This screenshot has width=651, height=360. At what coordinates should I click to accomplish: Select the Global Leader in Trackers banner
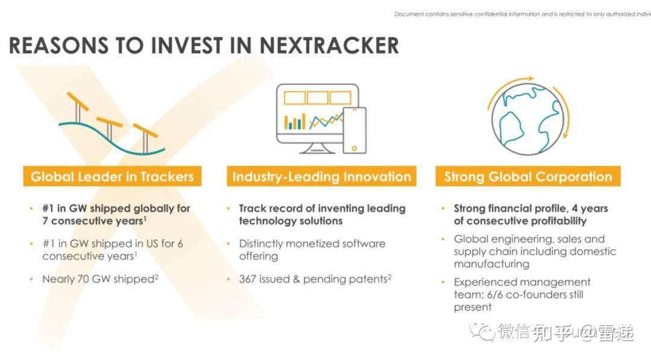click(x=112, y=177)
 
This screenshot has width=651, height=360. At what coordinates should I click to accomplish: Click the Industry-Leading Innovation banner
click(x=321, y=177)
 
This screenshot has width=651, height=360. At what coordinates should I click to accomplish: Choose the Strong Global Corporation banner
click(x=527, y=177)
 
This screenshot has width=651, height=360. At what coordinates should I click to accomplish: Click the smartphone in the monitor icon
click(x=354, y=130)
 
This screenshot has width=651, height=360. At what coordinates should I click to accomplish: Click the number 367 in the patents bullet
click(x=248, y=279)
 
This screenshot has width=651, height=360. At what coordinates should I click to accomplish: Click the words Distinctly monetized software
click(x=312, y=244)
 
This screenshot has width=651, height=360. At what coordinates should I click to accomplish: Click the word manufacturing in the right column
click(x=491, y=264)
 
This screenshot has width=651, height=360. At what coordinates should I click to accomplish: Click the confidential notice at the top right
click(x=522, y=14)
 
